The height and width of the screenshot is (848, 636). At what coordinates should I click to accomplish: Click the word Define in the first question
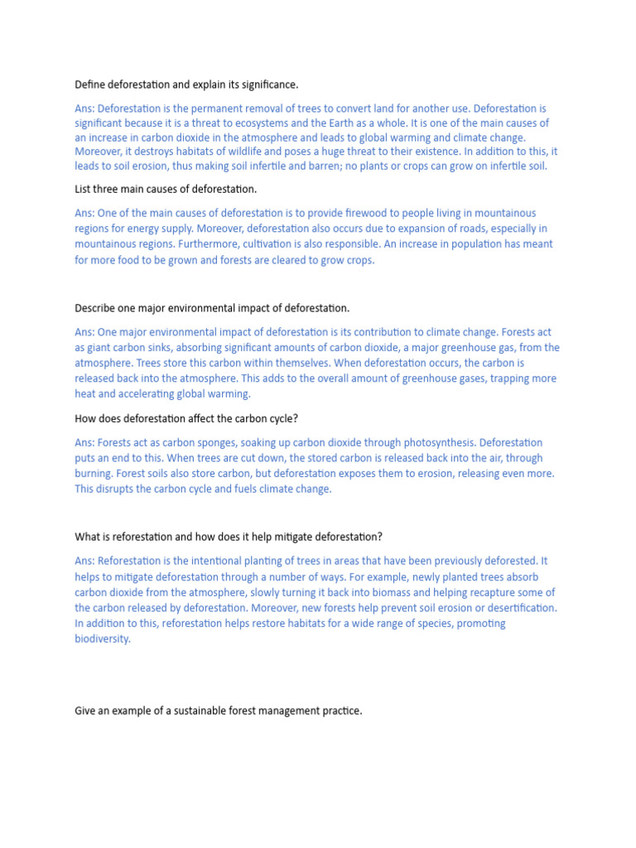[89, 84]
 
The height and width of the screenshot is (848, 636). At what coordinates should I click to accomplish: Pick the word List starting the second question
[83, 190]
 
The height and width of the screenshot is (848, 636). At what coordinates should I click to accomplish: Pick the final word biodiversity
[102, 639]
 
